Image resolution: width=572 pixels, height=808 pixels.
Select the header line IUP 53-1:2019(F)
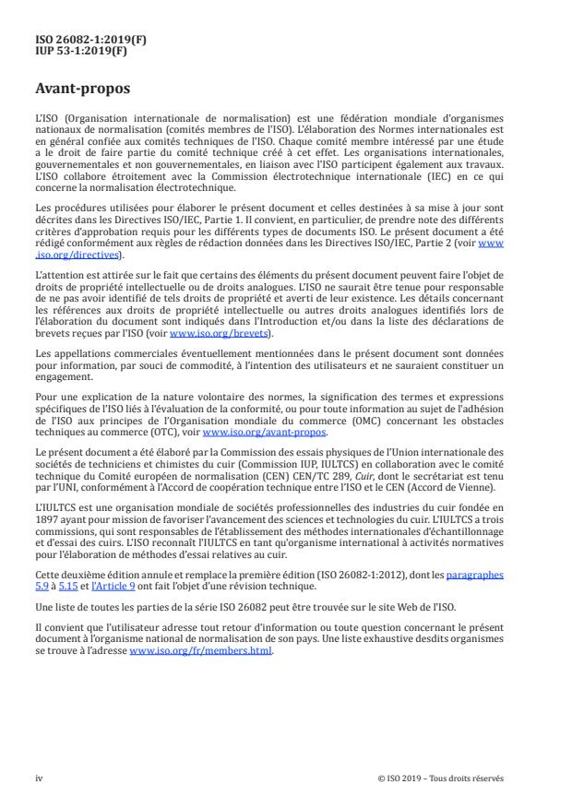70,53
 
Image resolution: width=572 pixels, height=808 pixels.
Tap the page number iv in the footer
40,778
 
